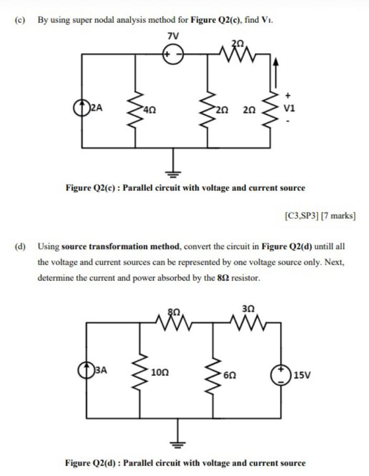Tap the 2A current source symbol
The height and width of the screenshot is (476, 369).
[x=82, y=109]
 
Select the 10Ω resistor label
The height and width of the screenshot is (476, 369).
[x=159, y=373]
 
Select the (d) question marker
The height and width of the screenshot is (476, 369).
[x=20, y=246]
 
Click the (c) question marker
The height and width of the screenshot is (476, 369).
[x=20, y=20]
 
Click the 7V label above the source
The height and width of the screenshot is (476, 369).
[x=172, y=37]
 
